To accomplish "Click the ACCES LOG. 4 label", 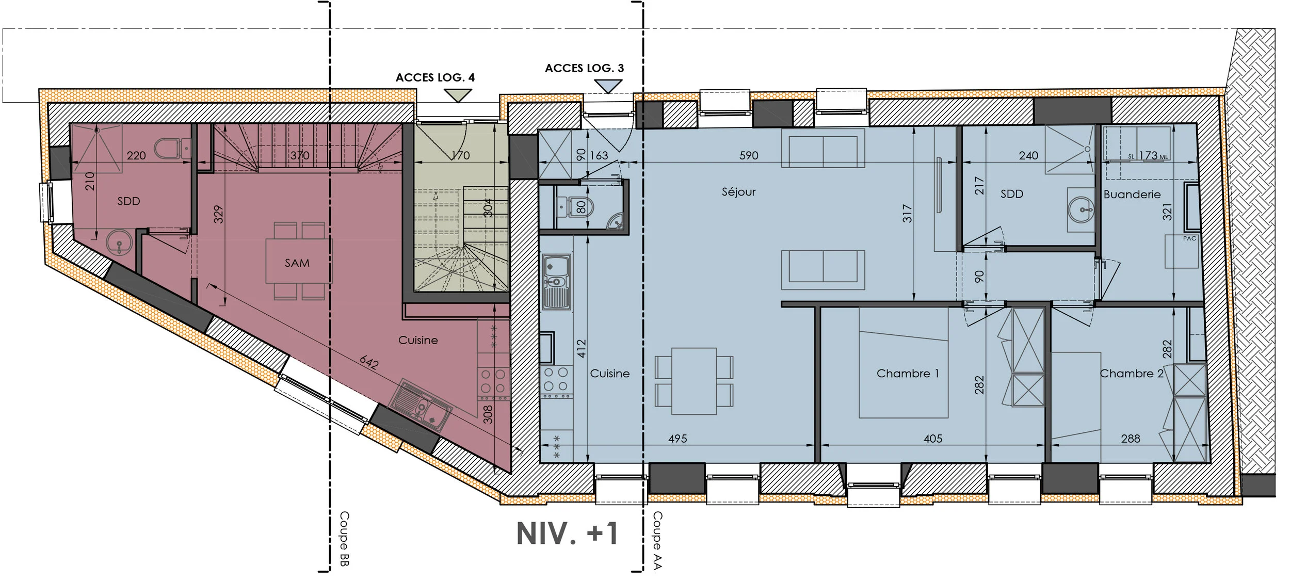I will tap(434, 78).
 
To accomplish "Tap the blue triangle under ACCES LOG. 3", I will tap(608, 86).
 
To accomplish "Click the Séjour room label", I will tap(738, 192).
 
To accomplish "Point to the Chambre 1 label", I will tap(907, 374).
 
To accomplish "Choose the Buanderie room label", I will tap(1132, 195).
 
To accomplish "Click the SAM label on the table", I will tap(297, 263).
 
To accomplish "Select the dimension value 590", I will tap(748, 155).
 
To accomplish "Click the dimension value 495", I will tap(677, 439).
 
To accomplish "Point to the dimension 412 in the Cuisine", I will tap(582, 348).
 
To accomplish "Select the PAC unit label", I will tap(1189, 238).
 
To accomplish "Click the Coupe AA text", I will tap(657, 540).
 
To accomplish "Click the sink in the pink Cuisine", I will tap(421, 406).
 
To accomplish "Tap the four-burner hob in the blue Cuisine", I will tap(556, 379).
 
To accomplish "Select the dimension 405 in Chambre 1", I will tap(932, 439).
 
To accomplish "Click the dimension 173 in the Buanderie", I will tap(1148, 155).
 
